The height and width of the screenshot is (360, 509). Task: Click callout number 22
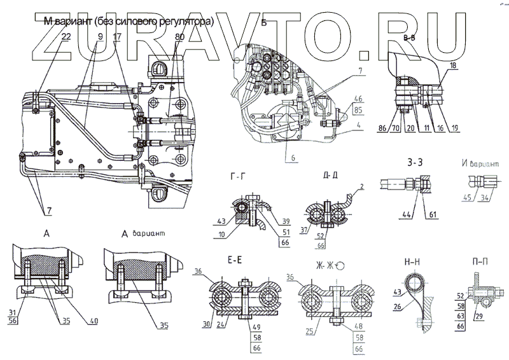point(66,37)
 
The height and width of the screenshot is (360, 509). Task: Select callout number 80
point(180,37)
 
